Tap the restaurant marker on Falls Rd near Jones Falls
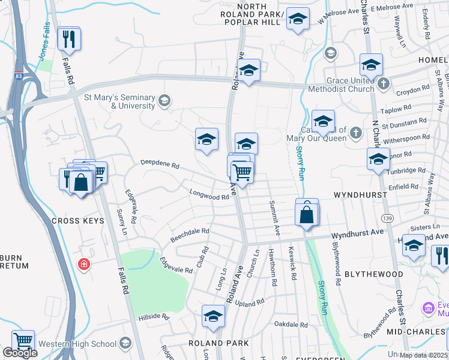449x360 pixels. [68, 40]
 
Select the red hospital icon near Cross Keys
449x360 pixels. [85, 264]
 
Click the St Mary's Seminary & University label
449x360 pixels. [120, 101]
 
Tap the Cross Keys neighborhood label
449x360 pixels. [77, 221]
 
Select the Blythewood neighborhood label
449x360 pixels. [373, 274]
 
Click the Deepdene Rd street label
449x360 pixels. [160, 164]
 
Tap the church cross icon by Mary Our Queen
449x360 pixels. [356, 132]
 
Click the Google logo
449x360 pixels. [20, 353]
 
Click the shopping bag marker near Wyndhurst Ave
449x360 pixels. [307, 214]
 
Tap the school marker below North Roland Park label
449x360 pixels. [298, 20]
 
